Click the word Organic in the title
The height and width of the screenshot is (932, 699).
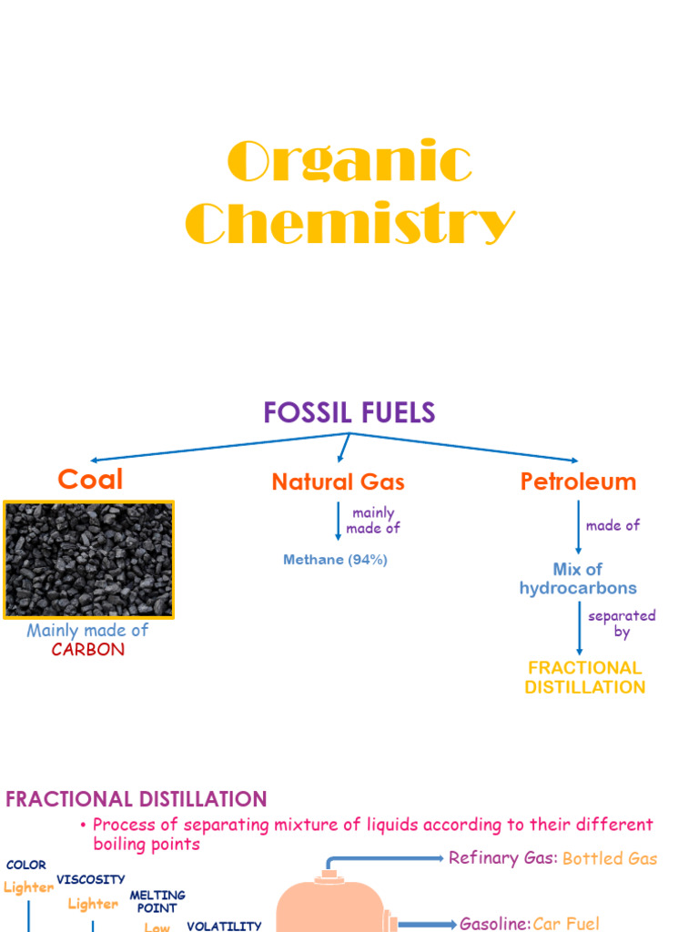[x=349, y=163]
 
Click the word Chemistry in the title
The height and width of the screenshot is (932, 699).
[x=349, y=224]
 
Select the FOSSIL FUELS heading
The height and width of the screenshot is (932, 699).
[x=349, y=413]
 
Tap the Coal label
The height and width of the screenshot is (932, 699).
[x=90, y=480]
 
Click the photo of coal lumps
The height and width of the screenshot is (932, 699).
[x=88, y=560]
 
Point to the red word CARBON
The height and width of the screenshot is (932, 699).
[x=88, y=650]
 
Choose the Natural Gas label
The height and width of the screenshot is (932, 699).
[x=338, y=482]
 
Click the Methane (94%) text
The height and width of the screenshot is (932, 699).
[x=335, y=560]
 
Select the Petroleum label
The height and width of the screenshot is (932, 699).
[x=578, y=481]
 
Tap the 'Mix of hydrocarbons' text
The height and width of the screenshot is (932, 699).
[x=578, y=579]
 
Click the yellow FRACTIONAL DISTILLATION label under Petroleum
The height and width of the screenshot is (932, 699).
[x=584, y=677]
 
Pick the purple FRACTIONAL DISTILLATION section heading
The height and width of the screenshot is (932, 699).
[x=137, y=799]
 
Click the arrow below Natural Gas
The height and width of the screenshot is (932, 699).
[x=339, y=521]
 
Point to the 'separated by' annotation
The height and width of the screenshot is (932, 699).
[x=622, y=623]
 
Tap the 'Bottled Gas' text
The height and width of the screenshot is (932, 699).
[x=610, y=858]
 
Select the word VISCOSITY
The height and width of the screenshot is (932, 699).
[x=91, y=879]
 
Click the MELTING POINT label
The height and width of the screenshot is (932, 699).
[x=157, y=902]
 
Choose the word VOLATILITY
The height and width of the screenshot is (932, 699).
[x=224, y=927]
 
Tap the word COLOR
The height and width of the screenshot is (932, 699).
[x=25, y=865]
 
